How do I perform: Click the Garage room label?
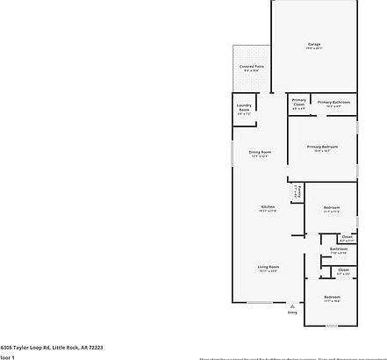coord(313,44)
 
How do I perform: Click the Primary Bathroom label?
coord(333,102)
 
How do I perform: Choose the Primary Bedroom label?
coord(322,146)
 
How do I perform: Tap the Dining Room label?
coord(260,151)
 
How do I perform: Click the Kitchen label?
coord(268,206)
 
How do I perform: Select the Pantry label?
coord(297,191)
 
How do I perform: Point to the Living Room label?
coord(268,266)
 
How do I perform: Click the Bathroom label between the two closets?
coord(338,248)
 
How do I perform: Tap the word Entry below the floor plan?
coord(292,313)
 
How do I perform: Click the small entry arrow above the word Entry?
coord(292,306)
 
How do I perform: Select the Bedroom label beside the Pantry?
coord(331,207)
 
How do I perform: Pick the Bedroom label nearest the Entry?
coord(331,298)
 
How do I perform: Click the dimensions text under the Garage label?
coord(313,48)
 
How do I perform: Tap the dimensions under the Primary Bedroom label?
coord(322,150)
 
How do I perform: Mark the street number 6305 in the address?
coord(7,348)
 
